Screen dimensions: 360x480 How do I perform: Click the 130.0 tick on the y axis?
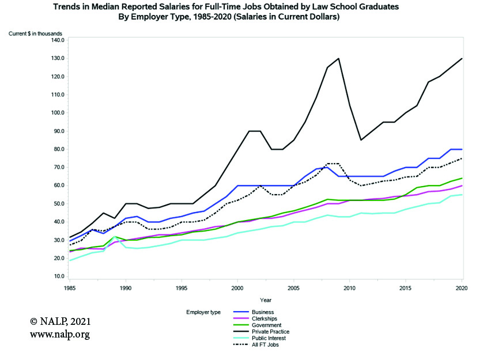[58, 58]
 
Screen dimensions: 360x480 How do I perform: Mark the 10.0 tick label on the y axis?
[59, 276]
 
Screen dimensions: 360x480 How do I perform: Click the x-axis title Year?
[266, 300]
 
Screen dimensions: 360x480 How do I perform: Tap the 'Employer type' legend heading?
[203, 312]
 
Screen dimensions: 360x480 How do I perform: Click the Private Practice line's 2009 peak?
[339, 58]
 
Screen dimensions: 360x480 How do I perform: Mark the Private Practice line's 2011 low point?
[361, 140]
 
